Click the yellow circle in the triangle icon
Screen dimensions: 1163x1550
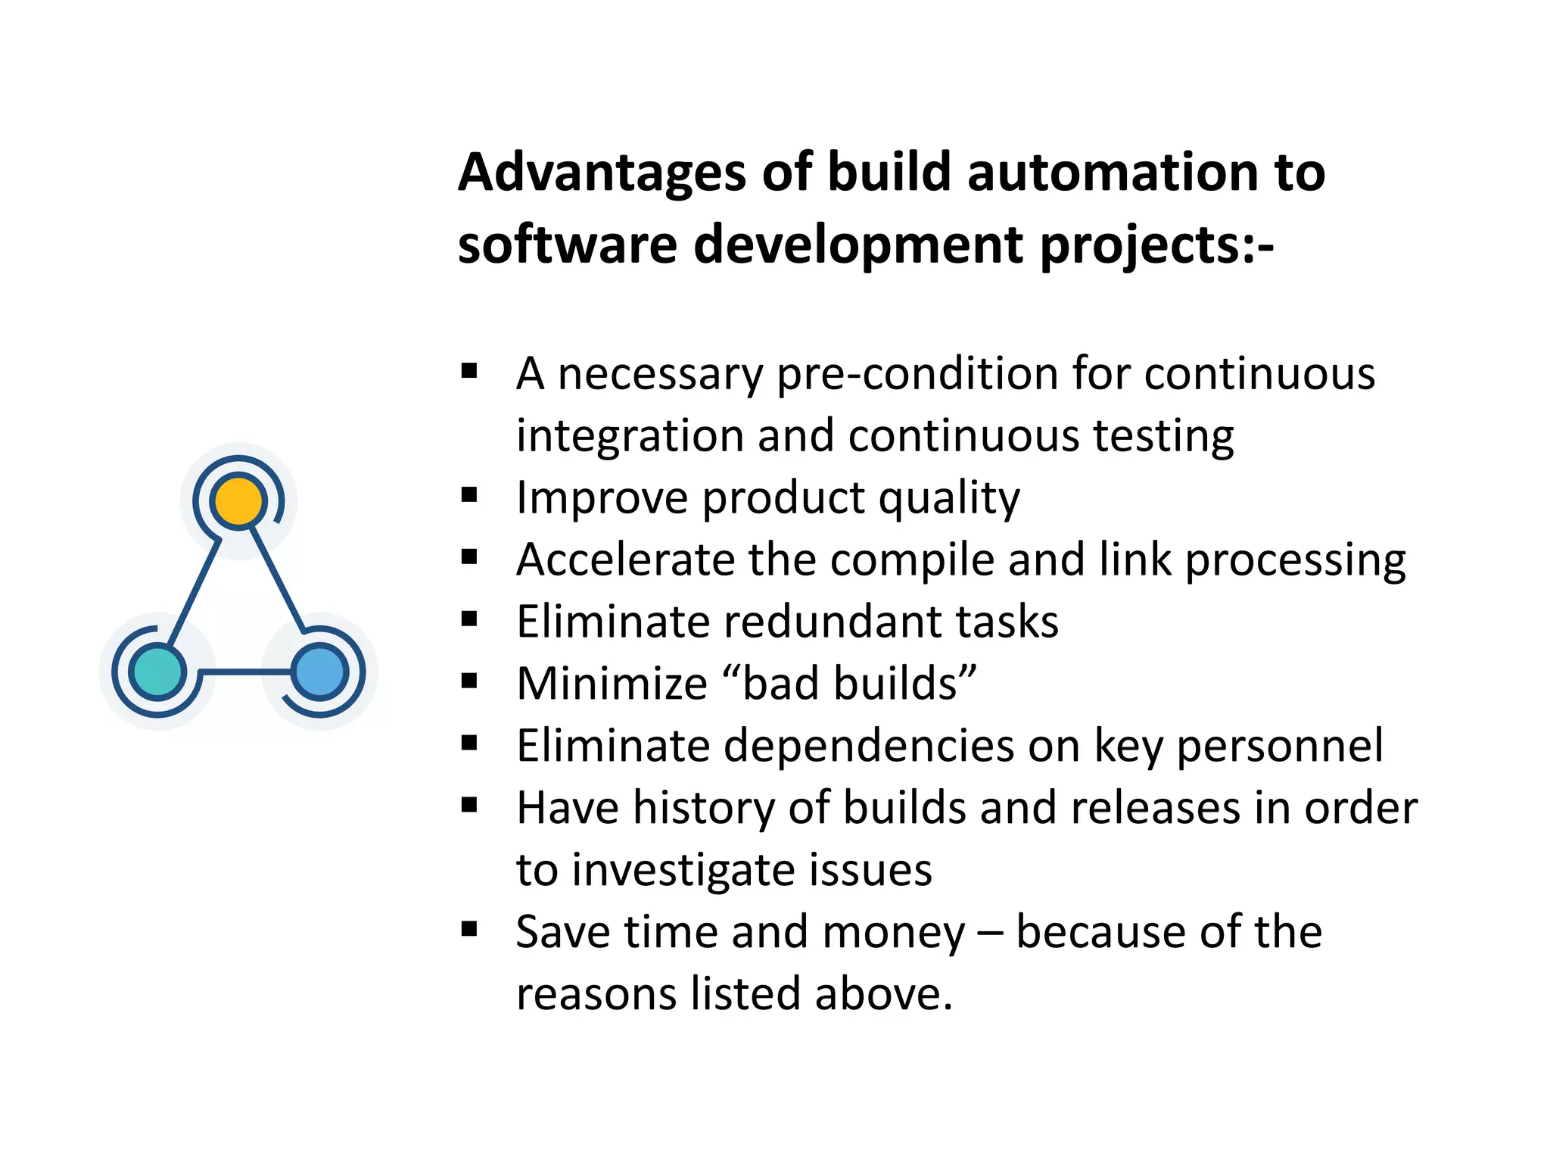(x=239, y=501)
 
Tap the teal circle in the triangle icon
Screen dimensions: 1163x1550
(x=157, y=672)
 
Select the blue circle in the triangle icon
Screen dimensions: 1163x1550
(x=319, y=672)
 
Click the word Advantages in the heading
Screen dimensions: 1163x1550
(x=602, y=173)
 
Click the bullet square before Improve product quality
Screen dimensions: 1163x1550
(x=470, y=496)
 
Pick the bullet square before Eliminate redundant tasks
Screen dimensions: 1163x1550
(x=470, y=620)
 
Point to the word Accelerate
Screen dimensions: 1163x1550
(x=625, y=560)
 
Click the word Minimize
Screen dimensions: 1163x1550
(x=612, y=684)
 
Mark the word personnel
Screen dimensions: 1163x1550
(x=1280, y=747)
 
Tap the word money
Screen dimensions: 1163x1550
(x=893, y=932)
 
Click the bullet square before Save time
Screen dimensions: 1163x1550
(x=470, y=929)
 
